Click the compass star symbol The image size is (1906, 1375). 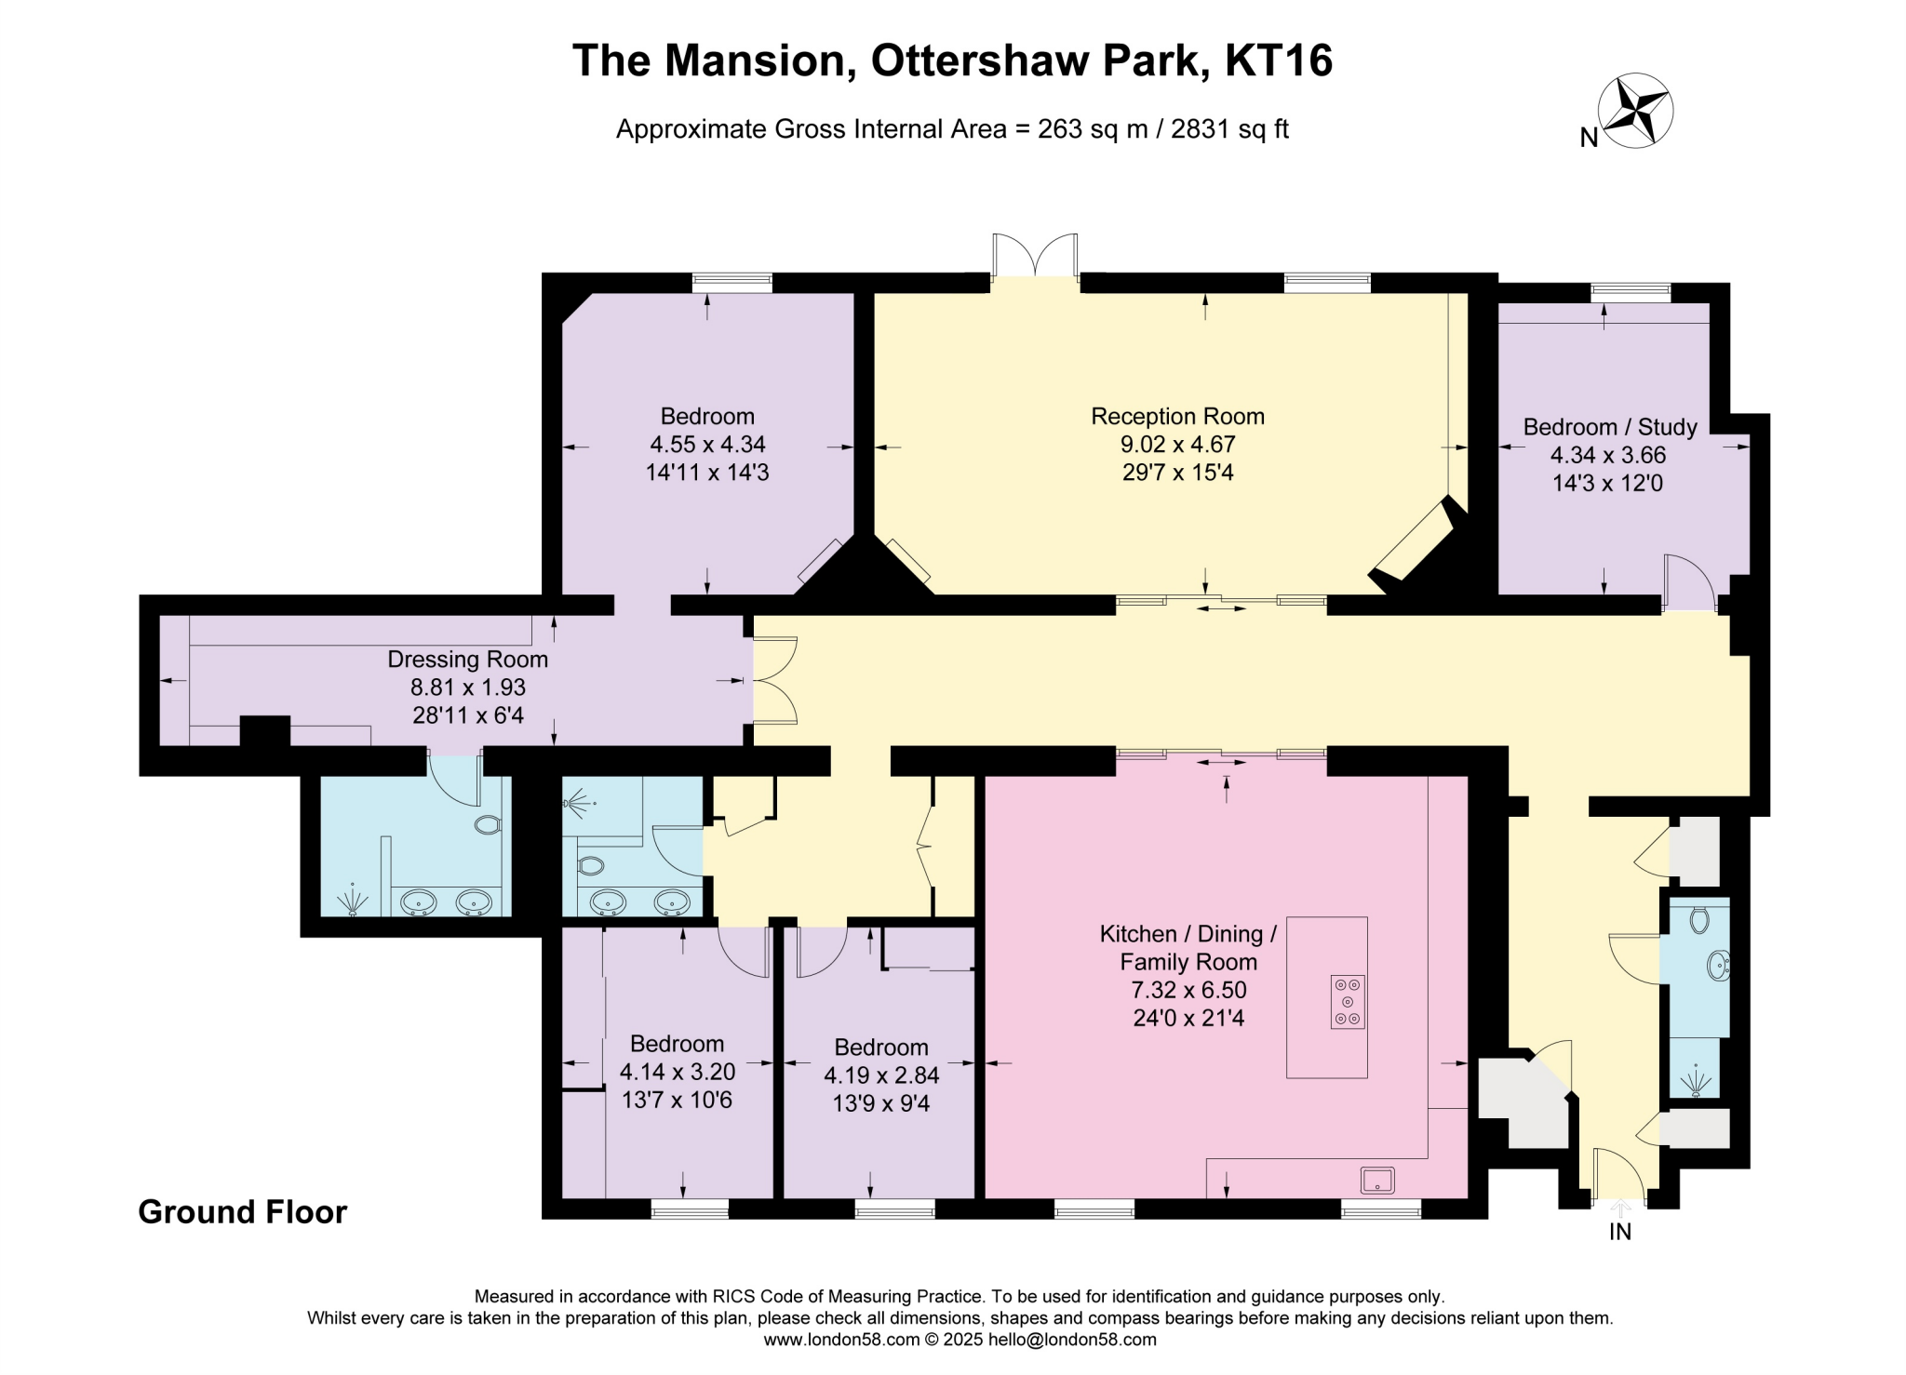1635,111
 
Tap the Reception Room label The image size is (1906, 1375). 1177,416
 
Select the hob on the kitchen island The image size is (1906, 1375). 1348,1001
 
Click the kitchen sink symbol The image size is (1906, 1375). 1377,1180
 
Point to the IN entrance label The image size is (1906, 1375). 1620,1232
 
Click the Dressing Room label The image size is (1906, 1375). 467,660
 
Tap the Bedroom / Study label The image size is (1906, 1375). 1610,427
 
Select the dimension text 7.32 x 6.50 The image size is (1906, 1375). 1188,990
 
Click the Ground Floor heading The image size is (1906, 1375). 242,1211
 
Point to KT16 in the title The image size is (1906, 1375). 1279,60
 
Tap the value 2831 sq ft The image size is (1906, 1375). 1228,129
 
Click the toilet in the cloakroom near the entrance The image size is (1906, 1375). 1699,920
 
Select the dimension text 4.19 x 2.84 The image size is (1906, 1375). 881,1075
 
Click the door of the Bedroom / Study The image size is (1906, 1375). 1687,583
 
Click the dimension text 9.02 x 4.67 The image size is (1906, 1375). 1177,445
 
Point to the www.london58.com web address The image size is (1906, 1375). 841,1340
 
